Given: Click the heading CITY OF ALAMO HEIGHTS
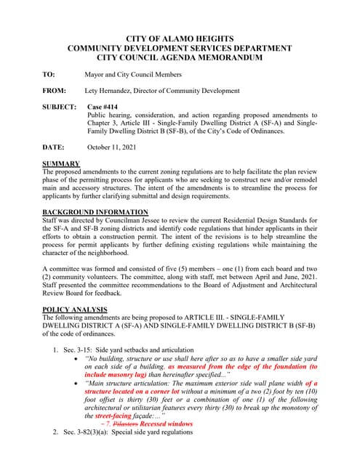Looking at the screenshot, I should pos(180,39).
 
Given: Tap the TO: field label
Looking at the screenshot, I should pos(49,74).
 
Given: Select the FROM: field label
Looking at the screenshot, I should pos(55,91).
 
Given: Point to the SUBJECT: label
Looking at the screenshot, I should pos(60,107).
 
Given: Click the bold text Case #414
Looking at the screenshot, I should pos(103,107).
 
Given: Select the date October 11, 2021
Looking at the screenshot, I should pos(113,147).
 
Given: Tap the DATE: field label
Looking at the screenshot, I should pos(55,147).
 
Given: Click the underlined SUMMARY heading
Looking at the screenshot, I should pos(61,163).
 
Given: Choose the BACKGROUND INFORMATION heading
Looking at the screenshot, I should pos(95,211).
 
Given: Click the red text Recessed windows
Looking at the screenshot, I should pos(167,423).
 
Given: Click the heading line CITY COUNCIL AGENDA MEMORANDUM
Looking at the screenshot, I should pos(180,57).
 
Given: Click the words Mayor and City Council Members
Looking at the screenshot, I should pos(133,74).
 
